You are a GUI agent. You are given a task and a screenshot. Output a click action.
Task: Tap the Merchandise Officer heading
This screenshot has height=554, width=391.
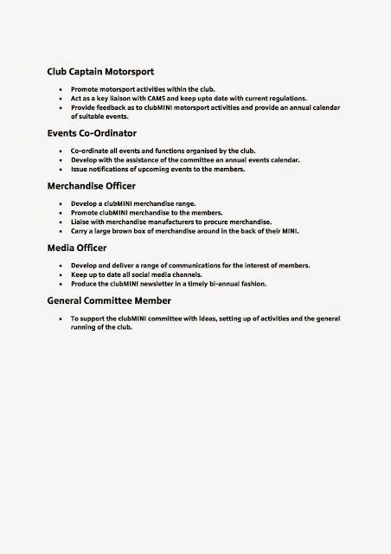click(93, 185)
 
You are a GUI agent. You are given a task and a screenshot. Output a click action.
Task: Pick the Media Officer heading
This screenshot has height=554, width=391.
click(77, 247)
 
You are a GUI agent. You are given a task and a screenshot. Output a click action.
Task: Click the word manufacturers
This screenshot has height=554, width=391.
click(173, 222)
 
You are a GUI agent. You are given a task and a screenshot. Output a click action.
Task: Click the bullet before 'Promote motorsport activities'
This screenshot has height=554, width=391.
click(58, 89)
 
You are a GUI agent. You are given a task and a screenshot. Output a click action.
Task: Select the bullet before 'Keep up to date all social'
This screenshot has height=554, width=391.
click(58, 274)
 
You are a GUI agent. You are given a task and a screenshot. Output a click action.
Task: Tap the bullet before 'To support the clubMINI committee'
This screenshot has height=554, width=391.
click(58, 319)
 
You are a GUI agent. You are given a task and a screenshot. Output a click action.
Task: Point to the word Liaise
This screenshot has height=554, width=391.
click(81, 222)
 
